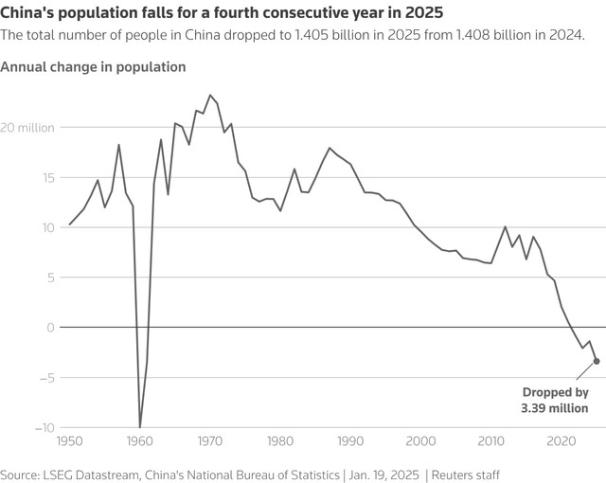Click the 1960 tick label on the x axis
click(x=140, y=441)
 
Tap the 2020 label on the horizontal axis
click(x=561, y=441)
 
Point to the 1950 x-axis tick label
click(x=69, y=441)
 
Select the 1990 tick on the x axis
click(x=350, y=441)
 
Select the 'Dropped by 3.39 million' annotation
click(x=555, y=400)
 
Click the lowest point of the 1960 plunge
click(x=140, y=427)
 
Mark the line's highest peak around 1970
click(x=210, y=95)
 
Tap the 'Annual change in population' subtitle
click(x=94, y=67)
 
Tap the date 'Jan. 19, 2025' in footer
click(x=382, y=474)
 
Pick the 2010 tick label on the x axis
click(x=490, y=441)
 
